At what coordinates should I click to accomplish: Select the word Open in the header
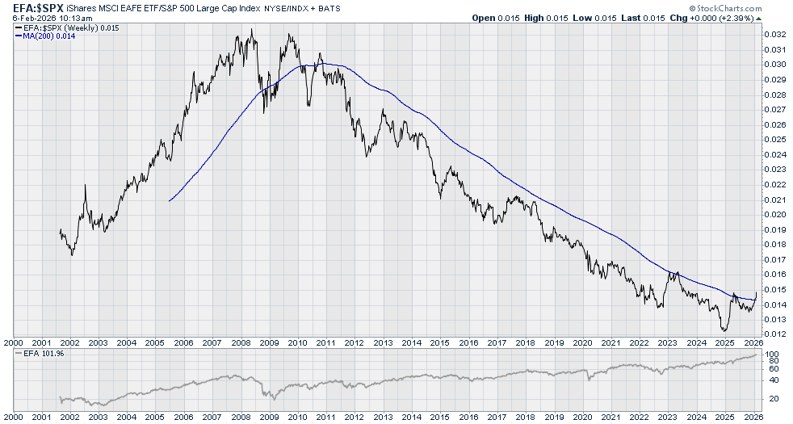point(485,18)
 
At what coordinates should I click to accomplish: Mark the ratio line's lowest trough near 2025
point(724,330)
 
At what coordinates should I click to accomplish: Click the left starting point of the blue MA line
point(169,200)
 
